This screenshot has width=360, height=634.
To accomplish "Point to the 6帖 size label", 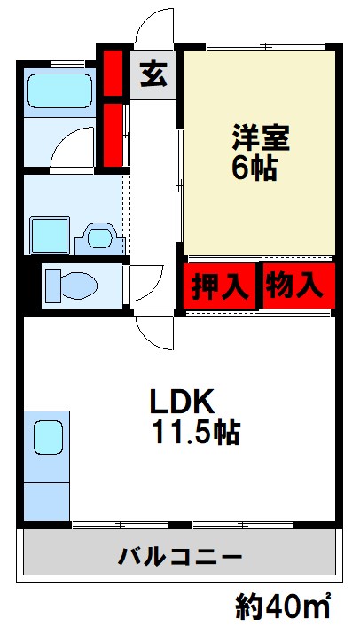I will (x=255, y=168).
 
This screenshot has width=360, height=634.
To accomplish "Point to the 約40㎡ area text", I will (x=282, y=607).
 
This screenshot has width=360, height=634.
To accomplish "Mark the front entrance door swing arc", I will (x=156, y=27).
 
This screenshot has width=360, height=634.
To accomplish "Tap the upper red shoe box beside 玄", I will (x=113, y=74).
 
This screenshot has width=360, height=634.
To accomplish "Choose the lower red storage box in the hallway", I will (x=113, y=134).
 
